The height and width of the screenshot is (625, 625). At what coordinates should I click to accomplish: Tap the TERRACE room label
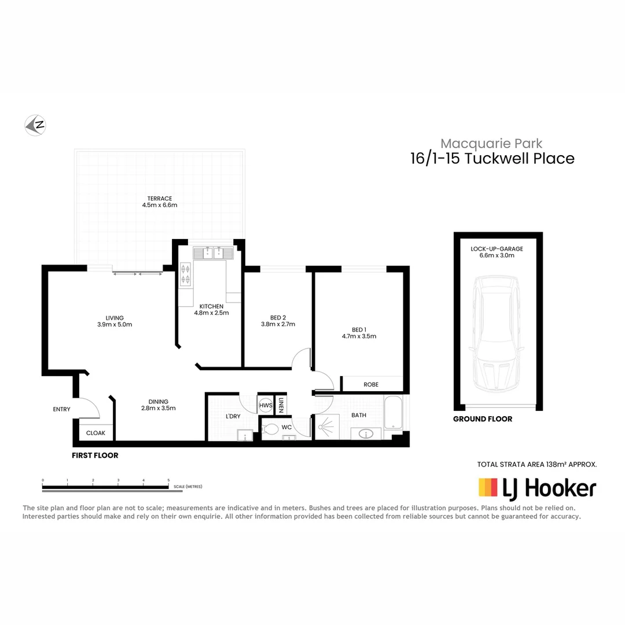pyautogui.click(x=159, y=198)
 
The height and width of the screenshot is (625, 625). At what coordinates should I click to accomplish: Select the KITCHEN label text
pyautogui.click(x=211, y=306)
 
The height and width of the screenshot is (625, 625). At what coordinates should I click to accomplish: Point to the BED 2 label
pyautogui.click(x=278, y=317)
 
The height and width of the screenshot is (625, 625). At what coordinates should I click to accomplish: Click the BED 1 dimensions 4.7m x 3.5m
pyautogui.click(x=359, y=336)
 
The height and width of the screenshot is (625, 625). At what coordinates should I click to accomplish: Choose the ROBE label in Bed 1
pyautogui.click(x=371, y=384)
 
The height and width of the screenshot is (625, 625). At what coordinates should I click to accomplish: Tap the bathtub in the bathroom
pyautogui.click(x=393, y=413)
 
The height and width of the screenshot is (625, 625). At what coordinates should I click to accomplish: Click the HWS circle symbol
pyautogui.click(x=266, y=406)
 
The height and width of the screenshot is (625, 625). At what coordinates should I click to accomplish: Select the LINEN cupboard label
pyautogui.click(x=281, y=405)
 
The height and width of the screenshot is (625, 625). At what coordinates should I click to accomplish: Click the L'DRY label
pyautogui.click(x=233, y=416)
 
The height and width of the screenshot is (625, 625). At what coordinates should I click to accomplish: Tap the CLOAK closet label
pyautogui.click(x=95, y=432)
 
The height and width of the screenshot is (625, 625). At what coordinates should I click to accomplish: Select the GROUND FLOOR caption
pyautogui.click(x=483, y=419)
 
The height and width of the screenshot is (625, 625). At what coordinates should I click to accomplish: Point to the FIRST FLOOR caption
pyautogui.click(x=95, y=455)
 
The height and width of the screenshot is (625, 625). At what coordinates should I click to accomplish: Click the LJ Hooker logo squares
pyautogui.click(x=488, y=488)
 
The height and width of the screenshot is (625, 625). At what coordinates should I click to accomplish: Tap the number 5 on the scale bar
pyautogui.click(x=168, y=480)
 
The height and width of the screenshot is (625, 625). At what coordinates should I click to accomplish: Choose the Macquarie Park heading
pyautogui.click(x=491, y=143)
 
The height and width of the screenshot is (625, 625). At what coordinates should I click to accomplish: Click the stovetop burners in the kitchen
pyautogui.click(x=186, y=274)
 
